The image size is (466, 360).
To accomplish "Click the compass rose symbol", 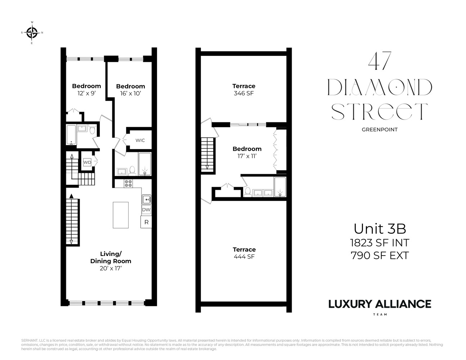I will pyautogui.click(x=32, y=33).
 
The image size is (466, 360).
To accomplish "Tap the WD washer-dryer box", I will pyautogui.click(x=87, y=162).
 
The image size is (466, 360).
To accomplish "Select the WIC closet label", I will pyautogui.click(x=140, y=140).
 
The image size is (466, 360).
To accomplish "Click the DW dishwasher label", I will pyautogui.click(x=146, y=210).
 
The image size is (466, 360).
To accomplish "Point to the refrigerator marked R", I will pyautogui.click(x=146, y=222).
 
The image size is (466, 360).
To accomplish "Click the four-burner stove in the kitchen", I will pyautogui.click(x=128, y=183).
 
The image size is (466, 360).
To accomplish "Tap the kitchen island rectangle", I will pyautogui.click(x=121, y=215).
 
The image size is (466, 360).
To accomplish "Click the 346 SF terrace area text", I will pyautogui.click(x=244, y=93).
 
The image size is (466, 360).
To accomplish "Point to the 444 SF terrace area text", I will pyautogui.click(x=244, y=257).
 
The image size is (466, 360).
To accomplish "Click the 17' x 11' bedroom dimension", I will pyautogui.click(x=247, y=156).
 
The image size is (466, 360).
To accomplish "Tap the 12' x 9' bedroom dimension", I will pyautogui.click(x=86, y=93).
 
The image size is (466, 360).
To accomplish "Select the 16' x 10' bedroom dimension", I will pyautogui.click(x=130, y=93).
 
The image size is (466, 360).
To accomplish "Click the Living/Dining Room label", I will pyautogui.click(x=111, y=257).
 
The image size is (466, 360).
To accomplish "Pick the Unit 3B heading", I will pyautogui.click(x=380, y=229).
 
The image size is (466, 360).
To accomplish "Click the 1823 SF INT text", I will pyautogui.click(x=380, y=243).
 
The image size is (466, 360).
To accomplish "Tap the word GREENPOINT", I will pyautogui.click(x=380, y=130).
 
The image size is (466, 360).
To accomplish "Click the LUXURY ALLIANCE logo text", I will pyautogui.click(x=380, y=304).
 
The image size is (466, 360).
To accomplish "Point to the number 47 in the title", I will pyautogui.click(x=380, y=62).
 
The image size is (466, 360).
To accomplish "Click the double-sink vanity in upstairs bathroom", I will pyautogui.click(x=263, y=193).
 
